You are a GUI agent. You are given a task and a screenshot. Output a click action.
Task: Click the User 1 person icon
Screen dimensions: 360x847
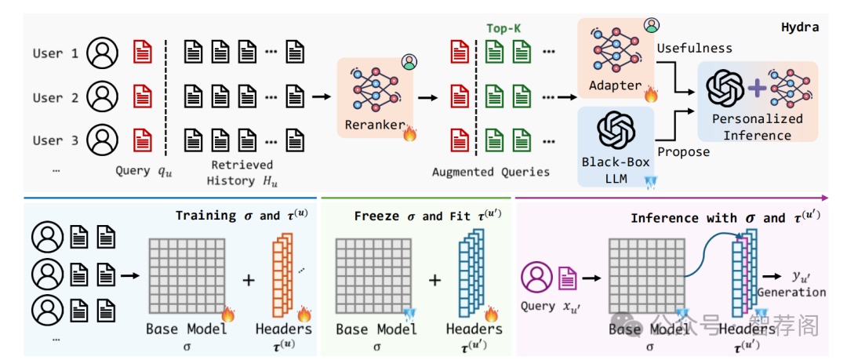pos(103,53)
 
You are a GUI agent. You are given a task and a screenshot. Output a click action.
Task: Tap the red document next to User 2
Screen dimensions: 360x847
pos(143,97)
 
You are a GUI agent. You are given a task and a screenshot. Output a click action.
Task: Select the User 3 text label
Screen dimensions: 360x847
pos(56,140)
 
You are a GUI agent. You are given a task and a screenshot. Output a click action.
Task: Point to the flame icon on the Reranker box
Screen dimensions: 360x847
pos(409,133)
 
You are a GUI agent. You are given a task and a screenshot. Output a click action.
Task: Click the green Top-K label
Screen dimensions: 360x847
pos(503,28)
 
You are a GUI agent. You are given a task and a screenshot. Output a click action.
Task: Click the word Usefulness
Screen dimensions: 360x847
pos(694,49)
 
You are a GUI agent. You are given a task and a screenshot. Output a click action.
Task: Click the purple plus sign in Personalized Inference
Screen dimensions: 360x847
pos(756,89)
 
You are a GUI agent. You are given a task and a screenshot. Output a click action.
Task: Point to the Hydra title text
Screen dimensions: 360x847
pos(800,27)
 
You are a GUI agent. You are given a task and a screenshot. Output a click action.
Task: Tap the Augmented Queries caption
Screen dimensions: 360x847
pos(490,172)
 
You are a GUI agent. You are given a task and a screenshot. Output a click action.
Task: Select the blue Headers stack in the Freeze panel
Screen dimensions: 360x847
pos(473,278)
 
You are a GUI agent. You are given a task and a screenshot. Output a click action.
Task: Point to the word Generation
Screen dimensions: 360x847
pos(791,292)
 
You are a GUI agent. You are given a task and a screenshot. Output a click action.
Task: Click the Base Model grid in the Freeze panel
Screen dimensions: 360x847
pos(373,278)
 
